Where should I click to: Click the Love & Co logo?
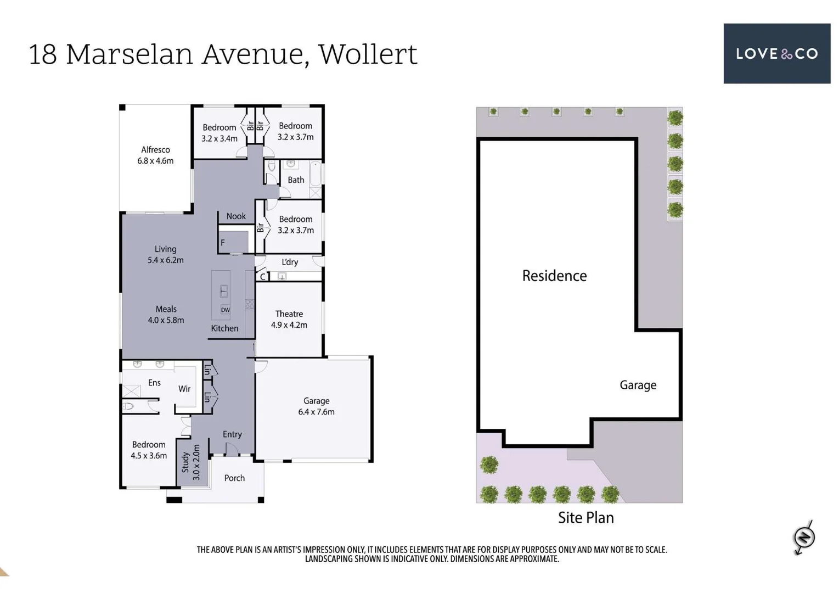tap(776, 53)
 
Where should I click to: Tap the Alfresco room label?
tap(155, 150)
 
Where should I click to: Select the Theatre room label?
tap(289, 314)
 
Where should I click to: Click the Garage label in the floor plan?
tap(316, 401)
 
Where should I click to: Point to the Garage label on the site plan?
tap(638, 385)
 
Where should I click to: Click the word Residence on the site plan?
tap(554, 276)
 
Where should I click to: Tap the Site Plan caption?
tap(585, 518)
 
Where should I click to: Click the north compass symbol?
tap(804, 537)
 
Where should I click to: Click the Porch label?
tap(234, 478)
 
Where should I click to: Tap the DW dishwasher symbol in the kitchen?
tap(225, 310)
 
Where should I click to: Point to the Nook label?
tap(236, 216)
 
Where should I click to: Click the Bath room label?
tap(296, 180)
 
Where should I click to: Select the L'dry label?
tap(290, 262)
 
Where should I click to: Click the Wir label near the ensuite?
tap(184, 389)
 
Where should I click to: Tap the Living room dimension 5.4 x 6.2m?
tap(165, 260)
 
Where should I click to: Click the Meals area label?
tap(166, 309)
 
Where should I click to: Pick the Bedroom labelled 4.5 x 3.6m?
tap(149, 450)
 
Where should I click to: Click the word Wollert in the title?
tap(368, 54)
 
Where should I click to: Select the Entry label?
tap(232, 434)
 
